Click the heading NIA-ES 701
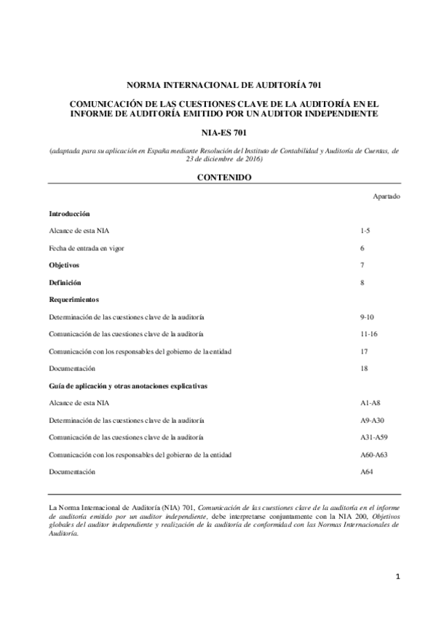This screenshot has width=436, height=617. click(x=218, y=135)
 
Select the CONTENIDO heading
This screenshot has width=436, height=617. click(x=218, y=177)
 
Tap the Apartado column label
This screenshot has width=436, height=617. click(x=386, y=196)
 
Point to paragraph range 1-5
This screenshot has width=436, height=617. click(x=366, y=231)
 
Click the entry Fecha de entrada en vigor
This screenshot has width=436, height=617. click(x=86, y=248)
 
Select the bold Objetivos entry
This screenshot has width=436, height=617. click(x=64, y=265)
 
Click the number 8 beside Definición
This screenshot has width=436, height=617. click(x=362, y=282)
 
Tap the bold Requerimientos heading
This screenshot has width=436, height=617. click(x=74, y=300)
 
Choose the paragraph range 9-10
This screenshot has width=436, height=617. click(x=368, y=317)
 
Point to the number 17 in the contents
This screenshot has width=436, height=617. click(x=364, y=351)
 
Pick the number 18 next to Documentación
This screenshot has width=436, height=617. click(x=364, y=369)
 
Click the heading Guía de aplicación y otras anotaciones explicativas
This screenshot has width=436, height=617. click(x=128, y=386)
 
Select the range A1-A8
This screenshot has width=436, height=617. click(x=370, y=403)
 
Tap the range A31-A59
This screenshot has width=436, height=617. click(x=373, y=437)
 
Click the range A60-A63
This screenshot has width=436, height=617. click(x=373, y=455)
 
